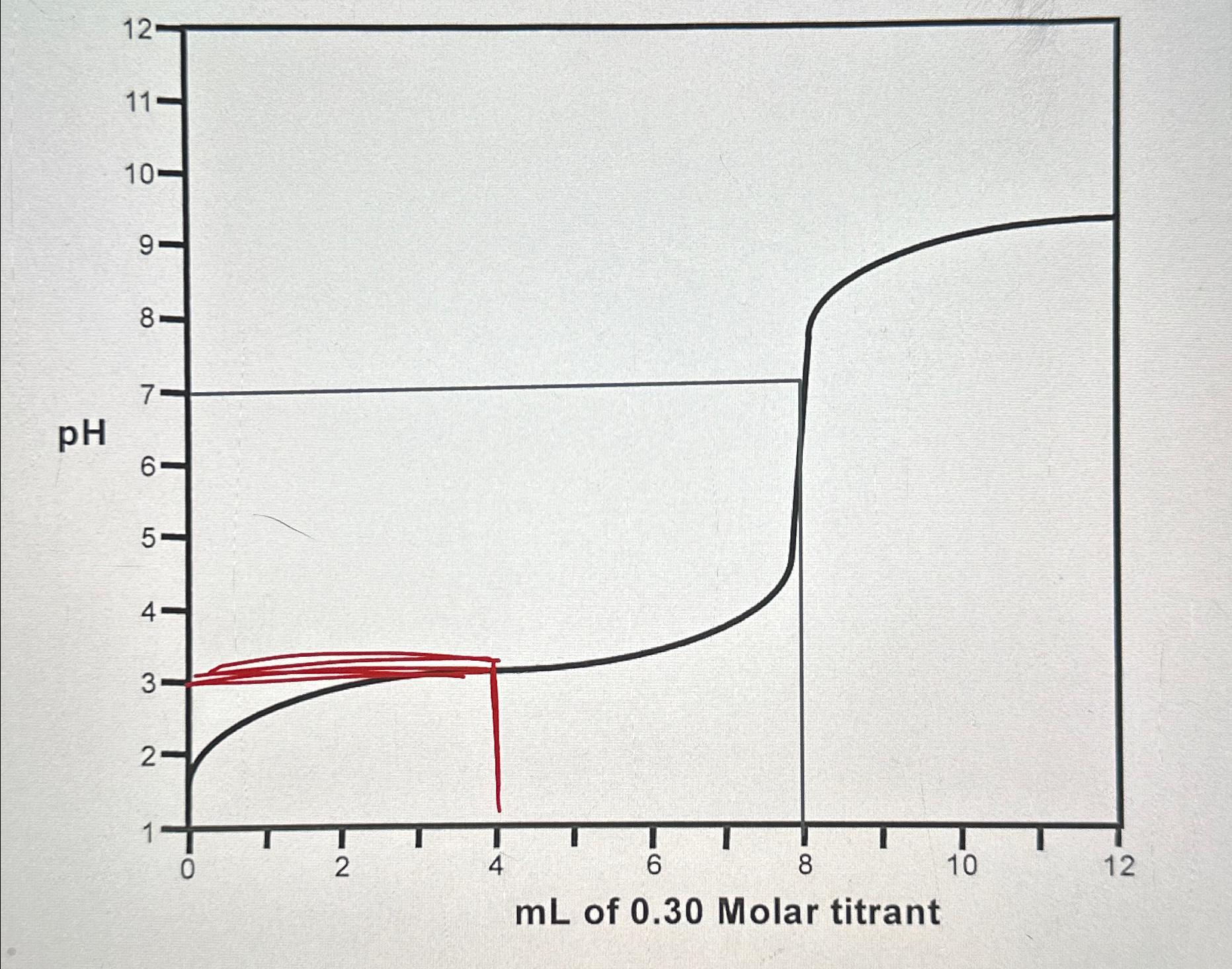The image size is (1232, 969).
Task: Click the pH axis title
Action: tap(82, 437)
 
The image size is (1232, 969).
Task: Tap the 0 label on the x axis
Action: tap(188, 868)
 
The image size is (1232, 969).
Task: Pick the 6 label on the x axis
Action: tap(653, 866)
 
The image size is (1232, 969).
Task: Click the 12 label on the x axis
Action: tap(1118, 866)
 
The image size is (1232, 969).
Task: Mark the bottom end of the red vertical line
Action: tap(499, 810)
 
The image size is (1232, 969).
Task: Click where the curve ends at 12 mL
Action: tap(1116, 216)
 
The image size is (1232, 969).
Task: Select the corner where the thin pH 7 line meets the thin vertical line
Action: tap(801, 380)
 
